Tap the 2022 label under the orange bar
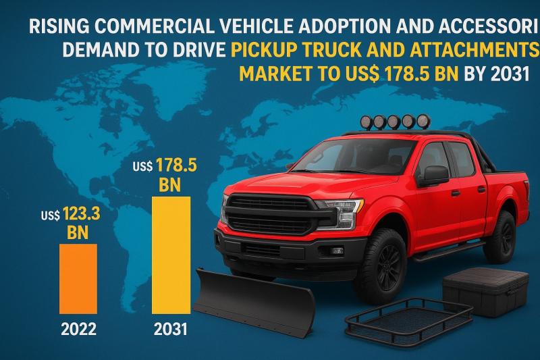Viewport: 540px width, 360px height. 78,330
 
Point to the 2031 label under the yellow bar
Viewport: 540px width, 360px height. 169,330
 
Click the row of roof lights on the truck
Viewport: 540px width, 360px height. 395,122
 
